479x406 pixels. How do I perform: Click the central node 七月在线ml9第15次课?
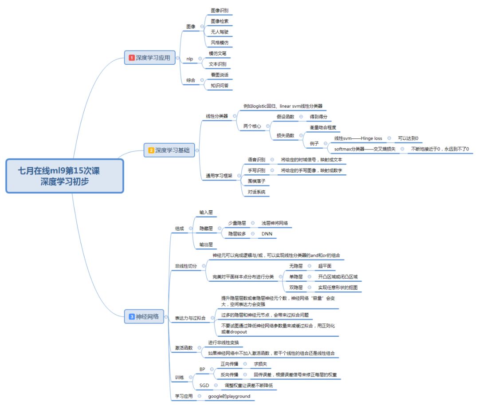pos(64,176)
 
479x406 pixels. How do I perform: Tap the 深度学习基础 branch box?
pos(169,150)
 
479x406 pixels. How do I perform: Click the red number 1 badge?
pos(132,58)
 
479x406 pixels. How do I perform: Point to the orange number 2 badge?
pos(151,150)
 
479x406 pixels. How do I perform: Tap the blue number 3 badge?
pos(132,316)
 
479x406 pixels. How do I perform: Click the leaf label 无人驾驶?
pos(220,32)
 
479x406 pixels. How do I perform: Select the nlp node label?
pos(189,58)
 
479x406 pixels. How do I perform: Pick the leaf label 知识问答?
pos(220,85)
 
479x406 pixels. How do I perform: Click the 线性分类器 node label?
pos(217,116)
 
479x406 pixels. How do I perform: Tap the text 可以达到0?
pos(408,138)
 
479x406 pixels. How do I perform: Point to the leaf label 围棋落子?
pos(257,181)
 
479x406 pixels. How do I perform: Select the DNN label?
pos(267,234)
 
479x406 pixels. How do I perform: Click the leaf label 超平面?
pos(325,266)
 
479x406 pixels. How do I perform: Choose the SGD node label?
pos(204,385)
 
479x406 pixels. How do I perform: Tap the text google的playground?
pos(229,396)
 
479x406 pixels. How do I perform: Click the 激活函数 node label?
pos(184,348)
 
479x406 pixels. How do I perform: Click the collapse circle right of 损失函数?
pos(301,135)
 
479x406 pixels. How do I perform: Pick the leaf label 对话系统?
pos(257,192)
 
